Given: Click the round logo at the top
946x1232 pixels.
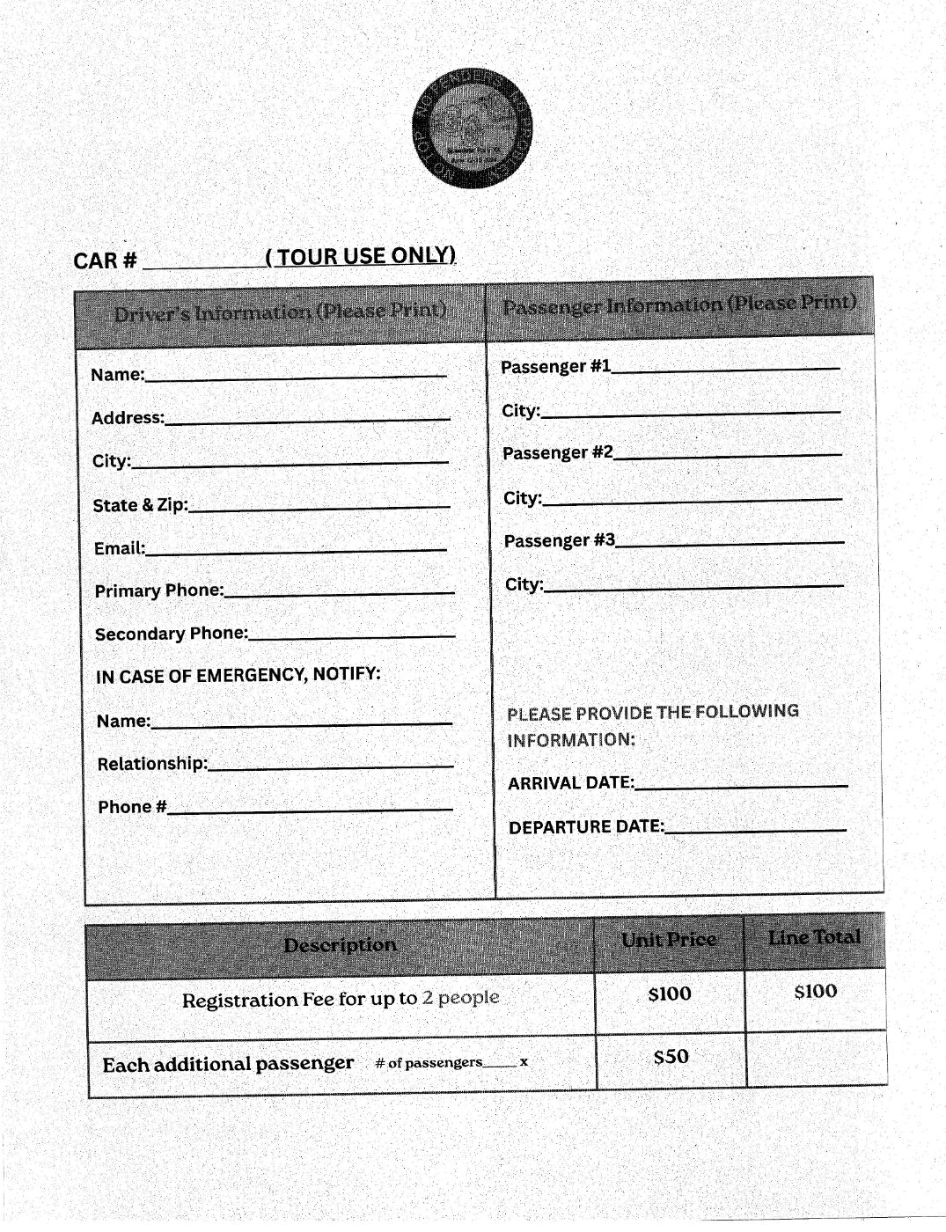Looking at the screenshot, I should pos(473,128).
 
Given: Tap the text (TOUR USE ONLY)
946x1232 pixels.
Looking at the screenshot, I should pos(361,256).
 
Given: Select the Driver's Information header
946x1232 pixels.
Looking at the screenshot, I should pos(280,312).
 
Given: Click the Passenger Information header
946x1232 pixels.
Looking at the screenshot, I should pos(679,304).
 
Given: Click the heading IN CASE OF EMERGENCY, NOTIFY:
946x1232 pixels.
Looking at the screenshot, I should pos(238,675).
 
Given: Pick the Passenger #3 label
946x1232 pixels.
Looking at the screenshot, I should pos(560,540).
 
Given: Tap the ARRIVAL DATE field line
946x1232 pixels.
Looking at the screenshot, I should pos(741,783).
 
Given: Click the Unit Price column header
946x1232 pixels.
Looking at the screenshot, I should pos(669,940).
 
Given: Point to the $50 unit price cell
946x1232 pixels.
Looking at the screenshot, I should pos(671,1056).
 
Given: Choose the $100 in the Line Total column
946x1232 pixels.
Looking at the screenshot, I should pos(816,992).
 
